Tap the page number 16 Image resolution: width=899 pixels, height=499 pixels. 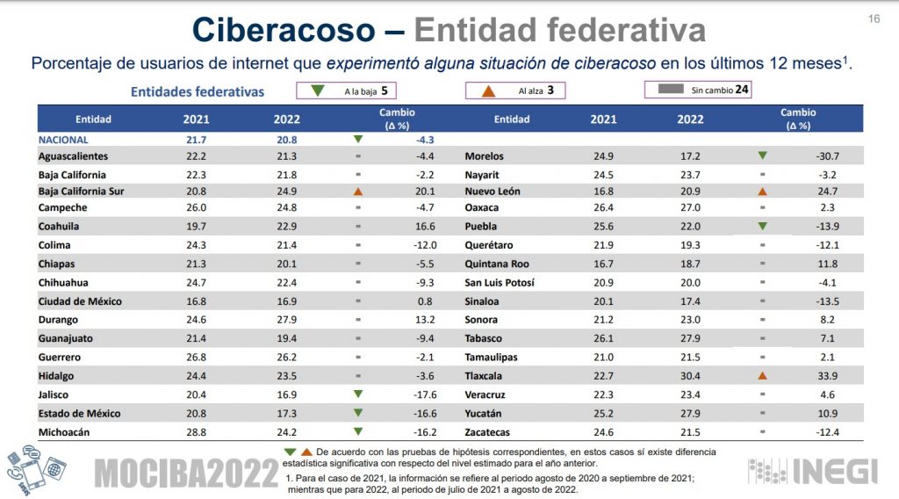874,19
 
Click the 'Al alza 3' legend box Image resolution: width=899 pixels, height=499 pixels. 515,90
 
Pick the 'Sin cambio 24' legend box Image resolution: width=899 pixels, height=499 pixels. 698,90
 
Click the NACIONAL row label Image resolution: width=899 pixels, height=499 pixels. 63,139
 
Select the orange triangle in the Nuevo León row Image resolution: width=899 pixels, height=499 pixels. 762,192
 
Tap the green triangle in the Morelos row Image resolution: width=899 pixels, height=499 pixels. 762,155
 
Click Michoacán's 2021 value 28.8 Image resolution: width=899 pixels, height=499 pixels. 196,432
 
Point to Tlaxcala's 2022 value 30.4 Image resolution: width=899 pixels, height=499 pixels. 690,376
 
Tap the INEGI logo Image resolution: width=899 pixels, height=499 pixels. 813,472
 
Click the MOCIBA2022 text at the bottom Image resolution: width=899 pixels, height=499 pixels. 186,474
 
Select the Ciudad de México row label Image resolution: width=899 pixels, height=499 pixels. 80,301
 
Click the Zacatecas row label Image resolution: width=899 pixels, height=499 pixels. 490,432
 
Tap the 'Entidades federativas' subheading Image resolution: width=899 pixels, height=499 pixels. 198,90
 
